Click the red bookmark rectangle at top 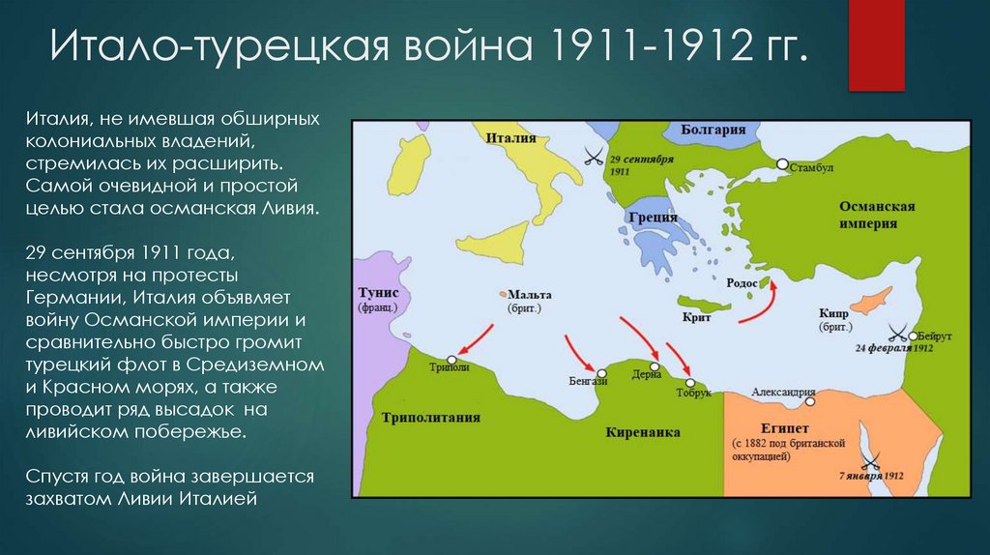(876, 45)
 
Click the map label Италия (511, 138)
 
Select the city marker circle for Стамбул (783, 165)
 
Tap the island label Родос (742, 282)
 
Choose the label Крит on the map (696, 317)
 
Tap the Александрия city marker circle (812, 400)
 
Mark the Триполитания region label (430, 418)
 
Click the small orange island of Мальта (503, 294)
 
